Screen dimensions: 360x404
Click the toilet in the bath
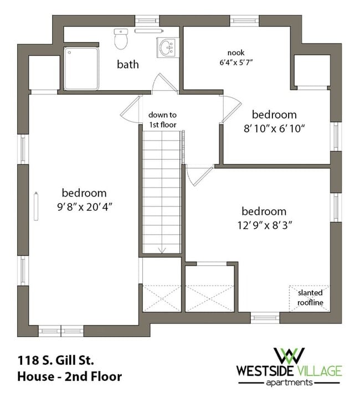click(x=121, y=39)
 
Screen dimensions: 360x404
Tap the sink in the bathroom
click(x=167, y=48)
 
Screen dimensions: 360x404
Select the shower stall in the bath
click(x=81, y=69)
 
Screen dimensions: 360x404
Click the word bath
click(x=128, y=64)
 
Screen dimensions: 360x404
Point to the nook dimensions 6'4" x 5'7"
click(x=236, y=63)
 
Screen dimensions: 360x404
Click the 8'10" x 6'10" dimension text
click(x=274, y=128)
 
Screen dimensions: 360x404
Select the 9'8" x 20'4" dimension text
click(x=85, y=206)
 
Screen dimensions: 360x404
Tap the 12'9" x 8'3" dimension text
click(x=265, y=225)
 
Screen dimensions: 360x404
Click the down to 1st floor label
click(x=162, y=120)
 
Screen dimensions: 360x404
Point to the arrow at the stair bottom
click(x=162, y=250)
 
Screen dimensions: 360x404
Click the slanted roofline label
click(x=310, y=298)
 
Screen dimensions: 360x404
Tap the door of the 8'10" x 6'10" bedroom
click(x=232, y=108)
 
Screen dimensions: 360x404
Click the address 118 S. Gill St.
click(x=56, y=360)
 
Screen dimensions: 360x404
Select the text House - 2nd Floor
click(x=70, y=377)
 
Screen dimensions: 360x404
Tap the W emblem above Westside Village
click(x=289, y=355)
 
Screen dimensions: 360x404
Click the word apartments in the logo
click(x=289, y=382)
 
